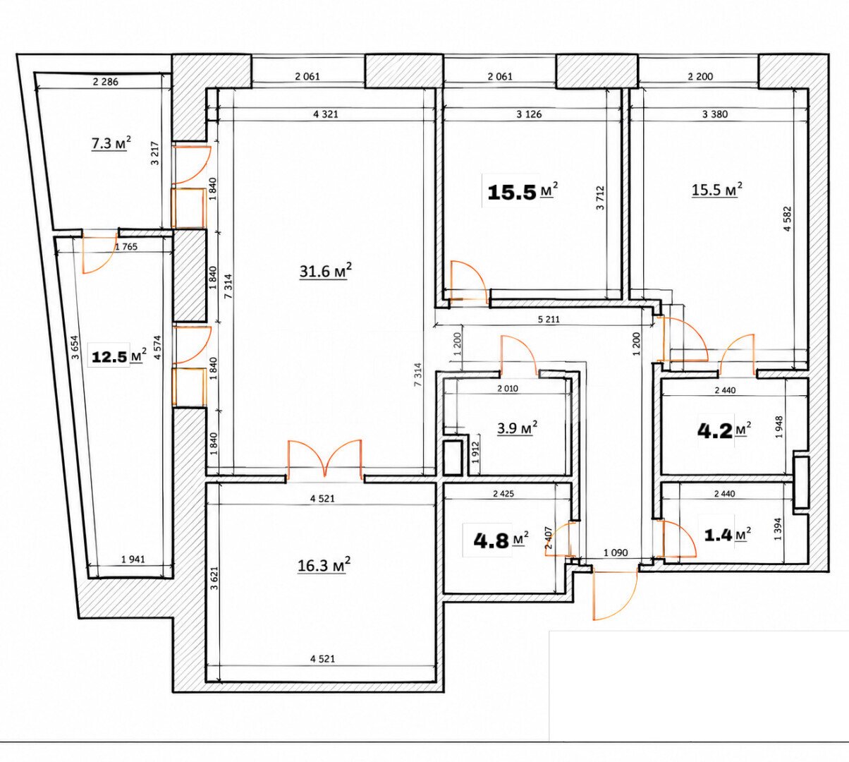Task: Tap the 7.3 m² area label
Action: click(x=111, y=143)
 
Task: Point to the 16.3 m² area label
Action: click(x=324, y=565)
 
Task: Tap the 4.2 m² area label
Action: click(x=723, y=430)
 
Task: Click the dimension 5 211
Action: click(x=548, y=320)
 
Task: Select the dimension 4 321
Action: click(x=326, y=114)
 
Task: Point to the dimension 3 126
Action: click(x=530, y=114)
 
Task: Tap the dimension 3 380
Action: click(x=715, y=114)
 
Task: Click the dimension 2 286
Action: click(x=106, y=82)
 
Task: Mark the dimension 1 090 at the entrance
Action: click(x=616, y=553)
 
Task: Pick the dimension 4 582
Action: click(x=788, y=218)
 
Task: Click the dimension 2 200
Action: click(x=700, y=76)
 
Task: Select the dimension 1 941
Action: click(x=133, y=559)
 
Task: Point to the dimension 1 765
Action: click(x=126, y=247)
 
